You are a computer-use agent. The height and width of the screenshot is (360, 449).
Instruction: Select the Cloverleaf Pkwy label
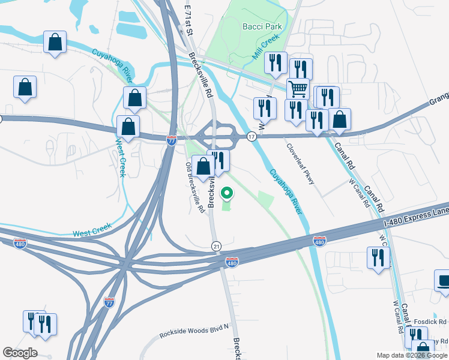click(x=300, y=164)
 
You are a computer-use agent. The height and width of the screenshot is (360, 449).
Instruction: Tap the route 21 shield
click(x=217, y=246)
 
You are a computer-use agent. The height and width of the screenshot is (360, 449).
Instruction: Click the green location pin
click(x=227, y=194)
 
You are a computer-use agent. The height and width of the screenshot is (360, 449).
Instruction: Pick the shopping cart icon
click(x=298, y=89)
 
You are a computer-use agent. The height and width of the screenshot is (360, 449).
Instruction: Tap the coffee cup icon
click(x=443, y=280)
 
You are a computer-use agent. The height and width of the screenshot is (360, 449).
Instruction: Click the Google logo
click(x=20, y=353)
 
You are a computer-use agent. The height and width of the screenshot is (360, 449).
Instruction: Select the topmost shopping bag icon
click(x=55, y=42)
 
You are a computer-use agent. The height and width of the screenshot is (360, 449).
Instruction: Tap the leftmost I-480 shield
click(x=20, y=244)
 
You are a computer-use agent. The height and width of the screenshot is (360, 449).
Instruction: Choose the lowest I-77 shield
click(x=109, y=301)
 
